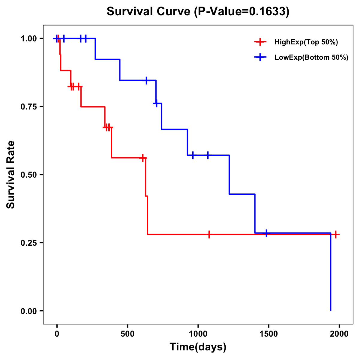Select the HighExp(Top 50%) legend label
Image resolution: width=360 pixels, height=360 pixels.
tap(306, 42)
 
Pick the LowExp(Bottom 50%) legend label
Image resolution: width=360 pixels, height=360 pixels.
tap(311, 58)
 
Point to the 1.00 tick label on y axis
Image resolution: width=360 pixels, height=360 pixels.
tap(28, 39)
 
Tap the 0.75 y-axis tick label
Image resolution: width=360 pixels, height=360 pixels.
tap(28, 107)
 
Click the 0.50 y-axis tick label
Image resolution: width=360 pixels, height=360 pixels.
tap(28, 175)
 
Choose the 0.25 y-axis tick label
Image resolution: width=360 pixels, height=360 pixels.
tap(28, 243)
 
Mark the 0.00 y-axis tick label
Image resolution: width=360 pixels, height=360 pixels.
tap(28, 311)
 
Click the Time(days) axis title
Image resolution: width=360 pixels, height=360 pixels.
tap(198, 347)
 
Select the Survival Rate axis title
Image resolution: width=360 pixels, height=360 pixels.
tap(11, 175)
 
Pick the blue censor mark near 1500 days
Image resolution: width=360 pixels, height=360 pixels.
tap(266, 233)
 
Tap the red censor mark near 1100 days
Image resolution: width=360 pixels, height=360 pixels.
tap(209, 234)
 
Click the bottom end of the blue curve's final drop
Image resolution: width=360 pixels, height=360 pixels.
tap(331, 310)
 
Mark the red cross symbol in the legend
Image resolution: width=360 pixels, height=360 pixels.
tap(260, 42)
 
